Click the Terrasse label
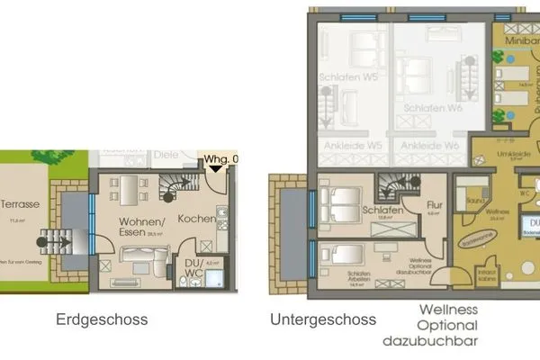[x=19, y=204]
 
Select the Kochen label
[x=195, y=219]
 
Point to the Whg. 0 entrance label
[x=222, y=160]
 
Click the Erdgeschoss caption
[x=101, y=319]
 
